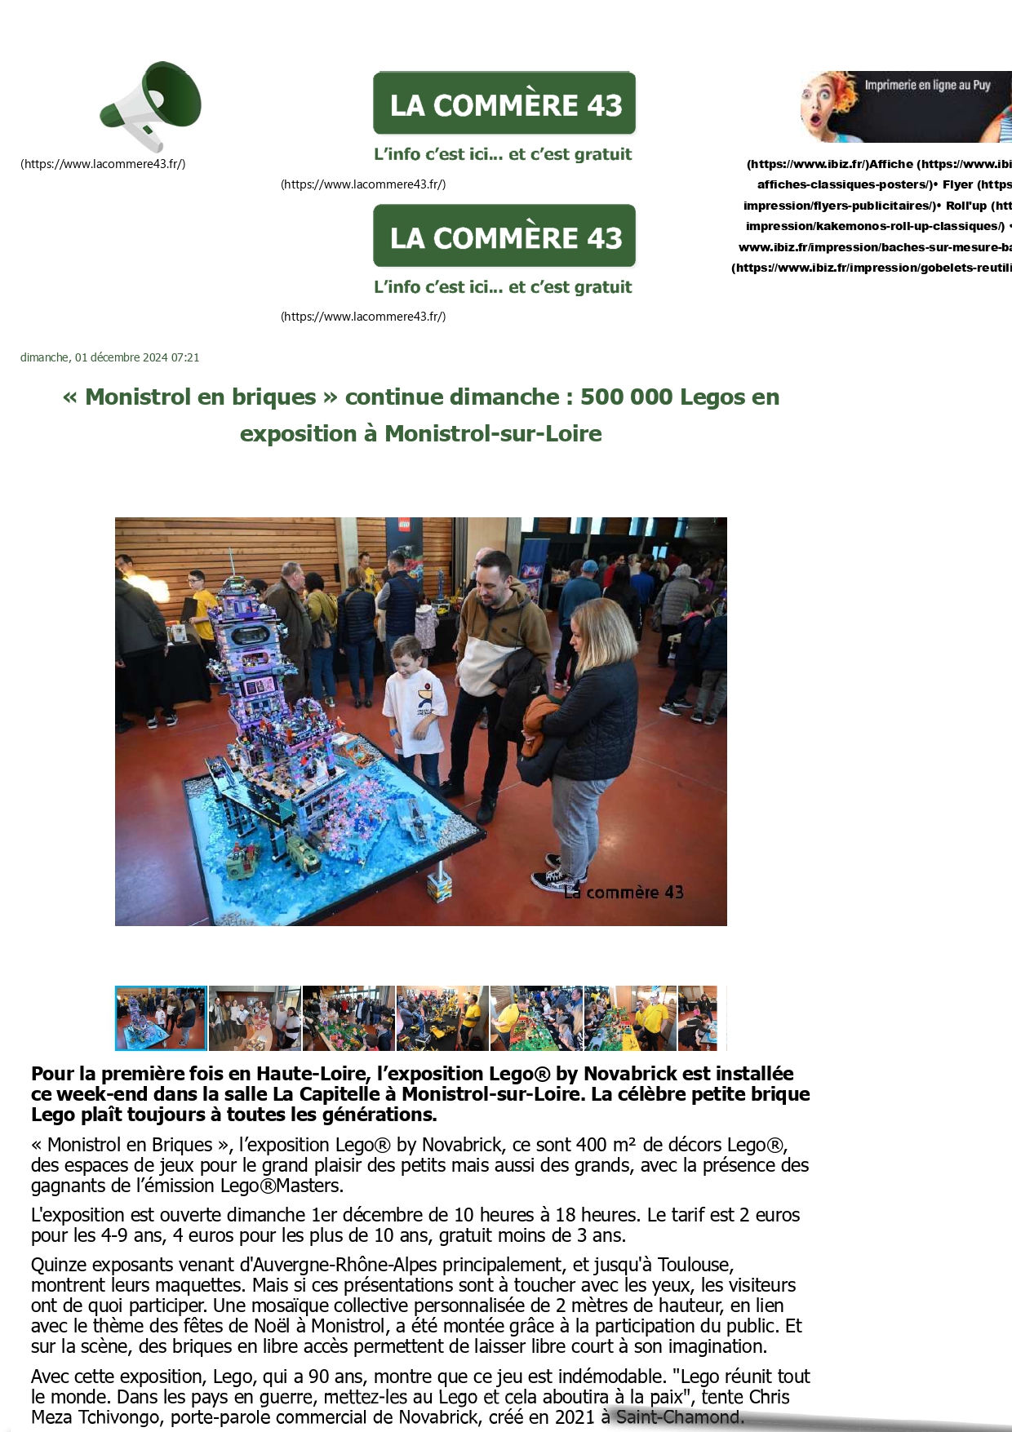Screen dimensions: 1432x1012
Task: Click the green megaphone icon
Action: point(152,105)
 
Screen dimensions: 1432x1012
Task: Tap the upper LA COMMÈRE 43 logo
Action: point(504,104)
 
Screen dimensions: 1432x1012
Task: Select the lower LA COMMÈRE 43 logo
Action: point(504,237)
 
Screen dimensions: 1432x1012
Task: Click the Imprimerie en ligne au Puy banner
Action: point(906,106)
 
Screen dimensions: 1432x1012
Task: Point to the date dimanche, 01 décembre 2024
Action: point(109,357)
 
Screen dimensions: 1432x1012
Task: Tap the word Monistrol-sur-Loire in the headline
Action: point(493,434)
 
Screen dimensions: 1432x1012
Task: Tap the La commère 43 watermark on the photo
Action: point(624,893)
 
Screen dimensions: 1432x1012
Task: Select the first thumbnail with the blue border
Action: point(161,1017)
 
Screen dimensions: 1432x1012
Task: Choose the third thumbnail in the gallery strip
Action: point(348,1017)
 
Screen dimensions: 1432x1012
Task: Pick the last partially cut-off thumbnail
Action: point(698,1017)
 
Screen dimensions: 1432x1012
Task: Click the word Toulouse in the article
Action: point(695,1265)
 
